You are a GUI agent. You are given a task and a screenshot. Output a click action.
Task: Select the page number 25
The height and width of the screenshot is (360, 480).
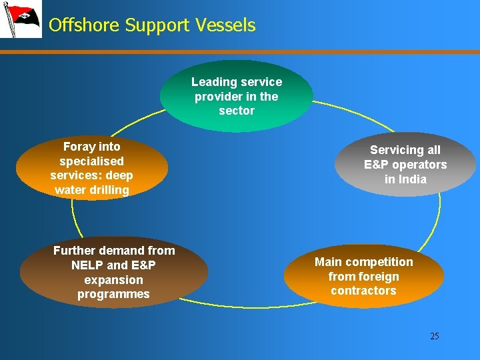[435, 336]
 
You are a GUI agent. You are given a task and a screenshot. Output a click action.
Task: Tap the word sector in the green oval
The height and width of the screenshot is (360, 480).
[237, 111]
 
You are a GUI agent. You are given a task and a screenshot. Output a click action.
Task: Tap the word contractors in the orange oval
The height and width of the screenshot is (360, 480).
[363, 291]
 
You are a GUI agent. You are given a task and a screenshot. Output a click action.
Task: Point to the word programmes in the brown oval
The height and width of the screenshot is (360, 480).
[113, 294]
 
